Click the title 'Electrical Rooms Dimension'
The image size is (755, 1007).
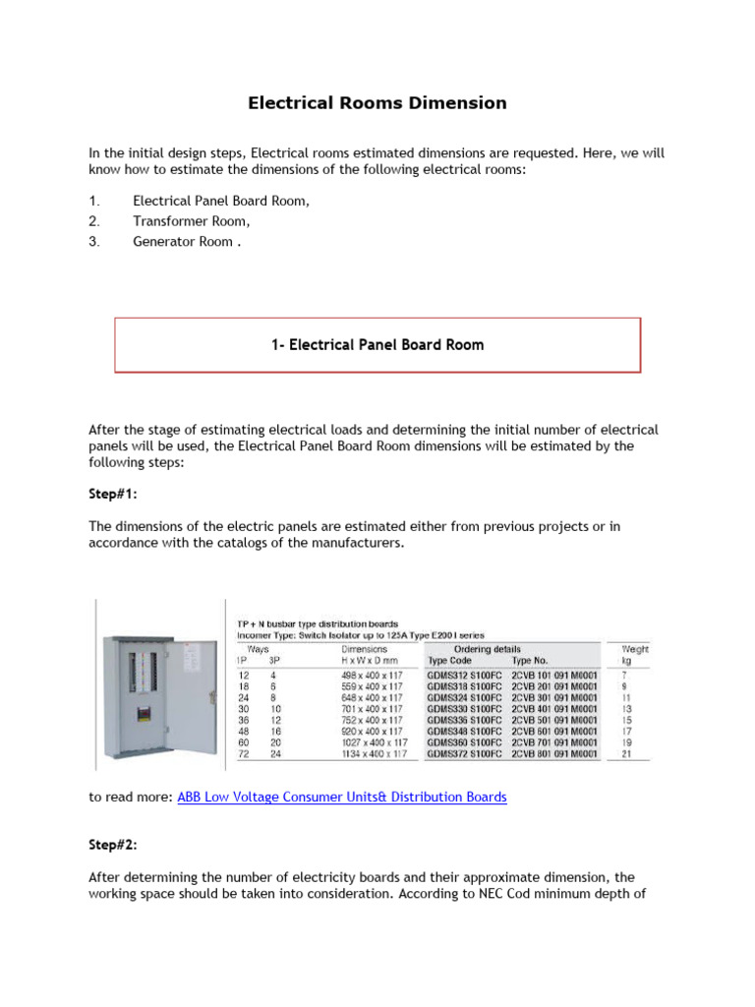coord(377,103)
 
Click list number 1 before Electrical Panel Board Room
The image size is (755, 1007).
coord(93,202)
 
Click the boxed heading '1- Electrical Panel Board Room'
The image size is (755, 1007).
coord(377,345)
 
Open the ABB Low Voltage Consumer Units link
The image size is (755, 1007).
coord(342,798)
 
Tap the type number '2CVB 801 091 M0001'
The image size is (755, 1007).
coord(554,754)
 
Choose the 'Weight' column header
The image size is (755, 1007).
coord(635,649)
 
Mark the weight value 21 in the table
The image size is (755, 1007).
coord(627,754)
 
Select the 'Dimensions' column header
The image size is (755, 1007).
coord(365,649)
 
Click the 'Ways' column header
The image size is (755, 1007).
coord(258,649)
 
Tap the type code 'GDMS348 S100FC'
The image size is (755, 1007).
coord(464,732)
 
